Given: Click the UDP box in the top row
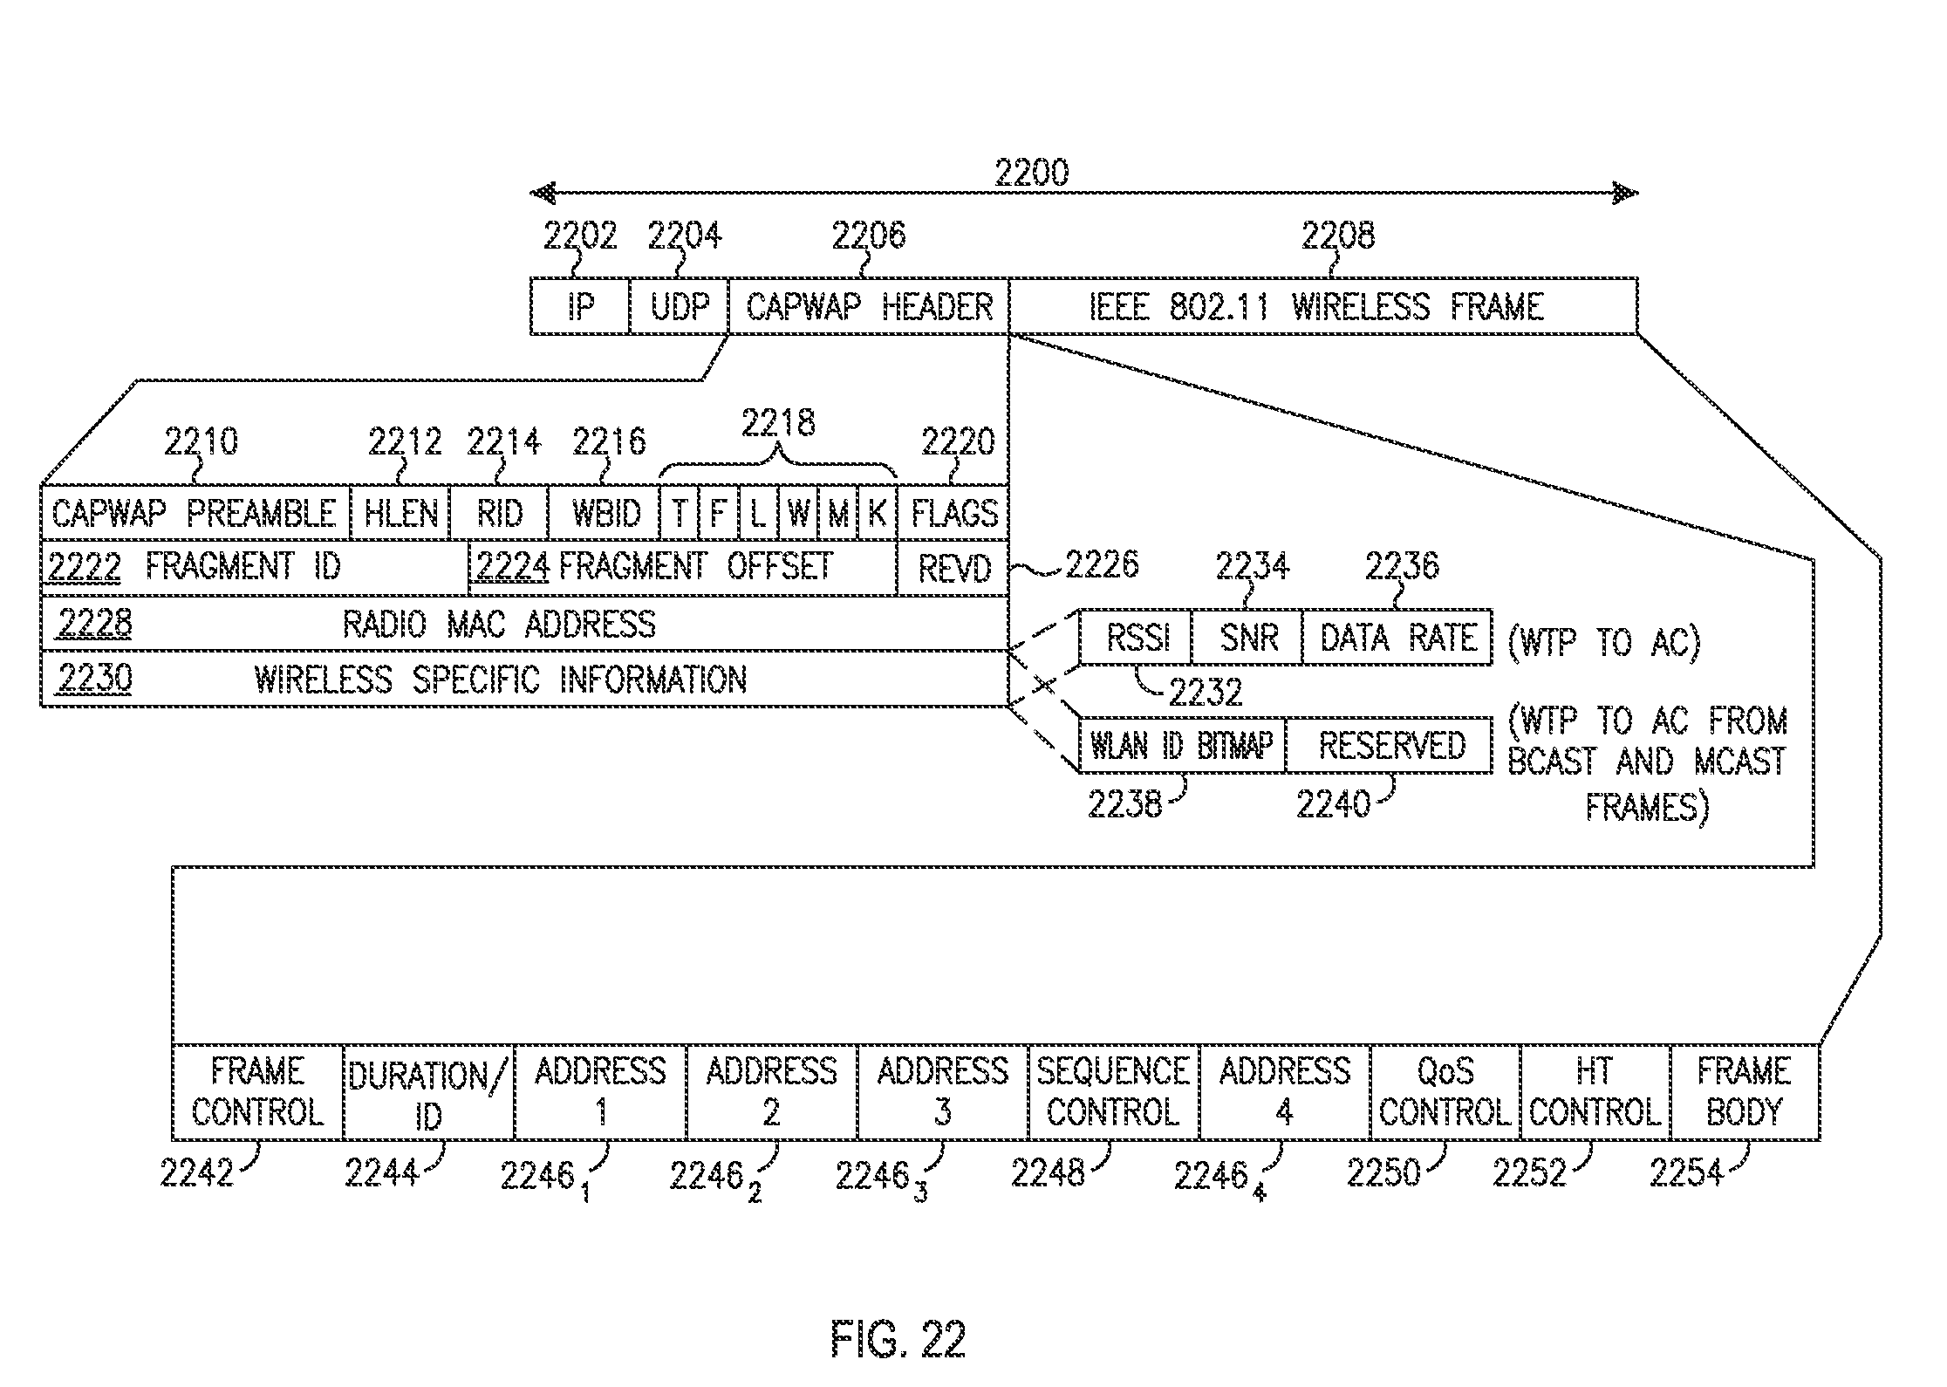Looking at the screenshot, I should pos(679,306).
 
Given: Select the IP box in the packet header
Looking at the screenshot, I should pos(580,306).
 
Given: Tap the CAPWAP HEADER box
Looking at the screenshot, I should pos(869,306).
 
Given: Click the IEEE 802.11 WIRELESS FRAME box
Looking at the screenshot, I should pos(1322,306).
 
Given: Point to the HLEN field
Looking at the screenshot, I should pos(400,513).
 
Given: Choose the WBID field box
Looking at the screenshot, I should pos(604,513).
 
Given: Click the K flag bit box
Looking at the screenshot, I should pos(878,513).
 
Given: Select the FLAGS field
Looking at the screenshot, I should pos(953,513).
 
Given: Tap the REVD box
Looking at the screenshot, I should pos(953,569).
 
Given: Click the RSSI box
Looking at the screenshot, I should pos(1136,638).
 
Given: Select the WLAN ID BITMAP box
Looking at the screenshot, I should pos(1182,746).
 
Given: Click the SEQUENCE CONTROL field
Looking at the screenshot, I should pos(1114,1092).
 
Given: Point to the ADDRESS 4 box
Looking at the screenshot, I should pos(1285,1092).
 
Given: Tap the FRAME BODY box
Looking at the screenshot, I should pos(1745,1092).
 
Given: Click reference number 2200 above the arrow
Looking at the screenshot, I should pos(1032,173).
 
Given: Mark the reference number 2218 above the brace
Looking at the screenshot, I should pos(778,423).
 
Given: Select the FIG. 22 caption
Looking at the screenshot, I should pos(898,1339).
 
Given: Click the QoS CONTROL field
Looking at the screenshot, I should pos(1445,1092).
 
